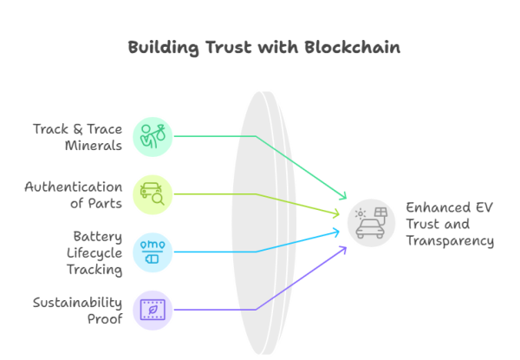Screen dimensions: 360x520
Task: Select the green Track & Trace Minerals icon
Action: click(x=153, y=136)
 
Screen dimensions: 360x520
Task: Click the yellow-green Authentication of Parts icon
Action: click(x=153, y=193)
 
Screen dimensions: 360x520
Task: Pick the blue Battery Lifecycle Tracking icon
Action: click(x=153, y=252)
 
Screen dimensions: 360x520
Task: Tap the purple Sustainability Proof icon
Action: click(x=153, y=310)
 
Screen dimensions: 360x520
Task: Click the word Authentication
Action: click(x=74, y=187)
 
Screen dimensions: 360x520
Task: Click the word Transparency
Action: click(x=451, y=241)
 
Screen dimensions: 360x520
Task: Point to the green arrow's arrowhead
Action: click(x=344, y=197)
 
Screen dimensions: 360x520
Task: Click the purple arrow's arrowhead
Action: click(x=344, y=248)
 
